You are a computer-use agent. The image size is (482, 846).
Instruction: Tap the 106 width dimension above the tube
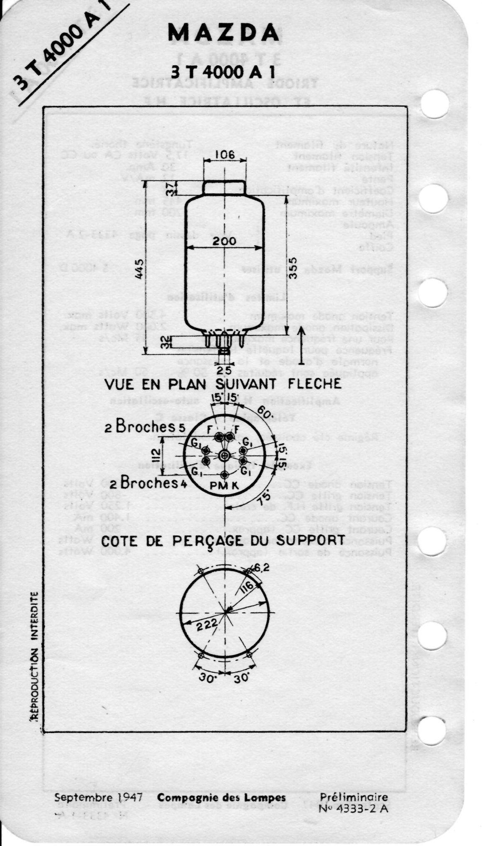[x=224, y=155]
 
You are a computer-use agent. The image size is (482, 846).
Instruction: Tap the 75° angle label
[x=263, y=497]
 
